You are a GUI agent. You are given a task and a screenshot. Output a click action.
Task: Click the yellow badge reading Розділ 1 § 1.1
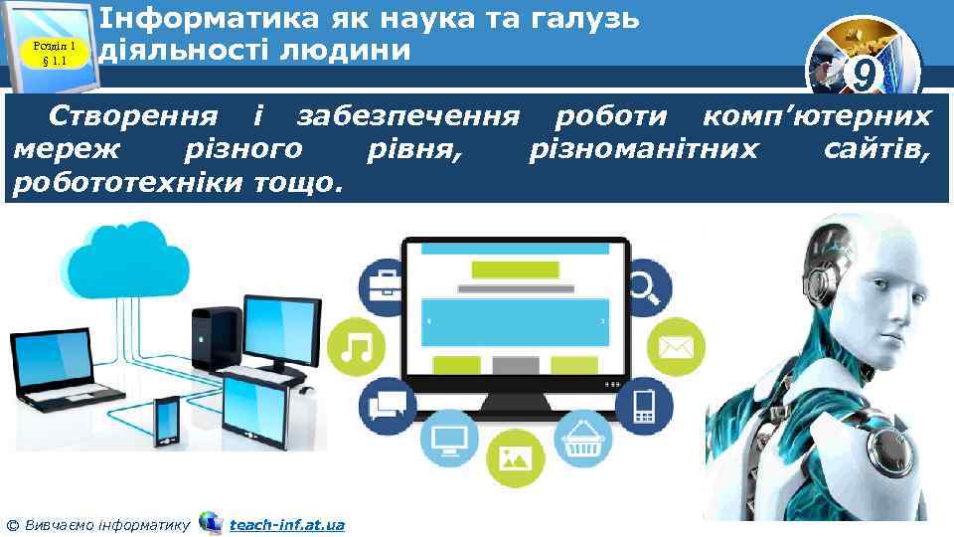coord(55,51)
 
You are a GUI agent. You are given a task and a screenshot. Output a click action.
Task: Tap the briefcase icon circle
coord(384,287)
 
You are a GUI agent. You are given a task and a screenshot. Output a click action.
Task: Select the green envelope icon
coord(676,347)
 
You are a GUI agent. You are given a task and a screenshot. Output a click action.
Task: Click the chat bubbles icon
coord(387,405)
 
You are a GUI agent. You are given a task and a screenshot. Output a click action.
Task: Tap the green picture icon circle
coord(516,456)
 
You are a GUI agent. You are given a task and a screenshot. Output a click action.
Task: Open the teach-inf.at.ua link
coord(286,524)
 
